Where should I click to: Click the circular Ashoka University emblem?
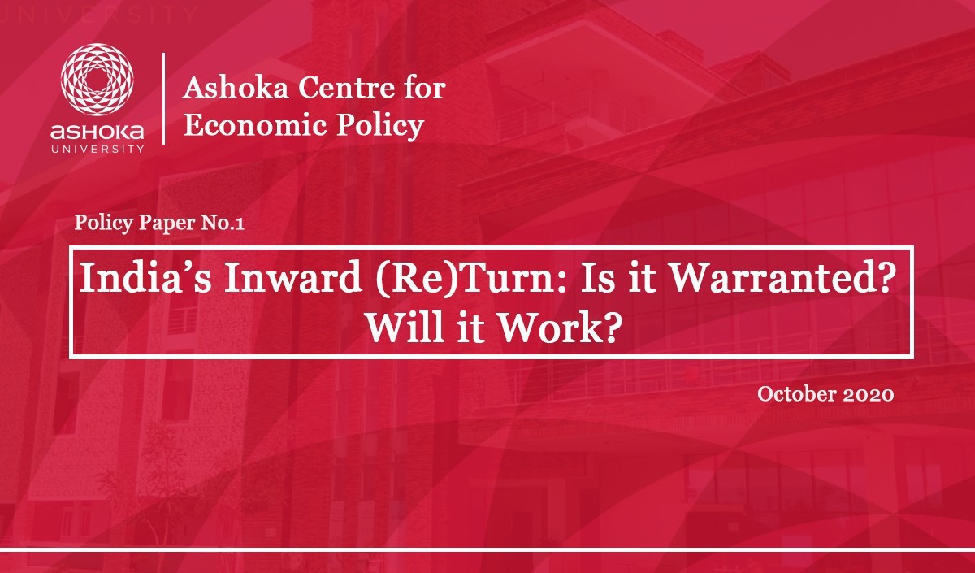point(97,80)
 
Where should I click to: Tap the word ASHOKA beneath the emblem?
point(97,132)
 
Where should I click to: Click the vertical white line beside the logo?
point(163,98)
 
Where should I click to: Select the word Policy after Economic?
point(380,126)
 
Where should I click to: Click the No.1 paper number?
point(223,223)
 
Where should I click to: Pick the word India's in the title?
point(145,277)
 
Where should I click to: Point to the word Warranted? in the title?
point(782,277)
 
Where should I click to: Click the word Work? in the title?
point(558,327)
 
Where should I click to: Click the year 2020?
point(869,394)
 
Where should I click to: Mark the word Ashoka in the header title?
point(236,88)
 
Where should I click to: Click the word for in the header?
point(426,88)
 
